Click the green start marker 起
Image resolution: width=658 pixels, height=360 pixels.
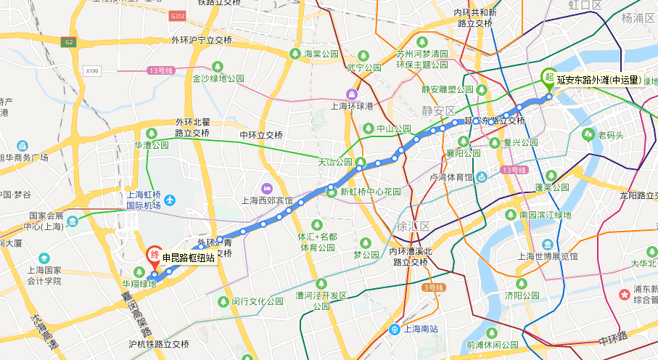[x=549, y=75]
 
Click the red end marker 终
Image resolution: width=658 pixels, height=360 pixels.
[x=154, y=255]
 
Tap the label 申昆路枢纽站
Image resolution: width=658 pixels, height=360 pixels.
[x=189, y=258]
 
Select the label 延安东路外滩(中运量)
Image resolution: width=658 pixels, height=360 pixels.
[x=599, y=80]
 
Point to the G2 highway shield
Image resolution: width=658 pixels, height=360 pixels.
[x=70, y=42]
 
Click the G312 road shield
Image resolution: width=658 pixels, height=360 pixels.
[x=177, y=15]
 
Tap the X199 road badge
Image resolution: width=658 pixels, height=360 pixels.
[x=91, y=70]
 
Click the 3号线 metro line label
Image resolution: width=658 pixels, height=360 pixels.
[x=432, y=287]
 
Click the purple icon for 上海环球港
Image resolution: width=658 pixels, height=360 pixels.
[x=352, y=94]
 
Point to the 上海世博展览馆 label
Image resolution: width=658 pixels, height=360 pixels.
[x=548, y=256]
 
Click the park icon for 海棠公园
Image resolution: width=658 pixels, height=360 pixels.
[x=295, y=54]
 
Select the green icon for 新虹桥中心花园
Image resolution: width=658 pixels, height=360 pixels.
[x=331, y=192]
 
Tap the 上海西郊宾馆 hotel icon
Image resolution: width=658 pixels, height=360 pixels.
[x=266, y=189]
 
